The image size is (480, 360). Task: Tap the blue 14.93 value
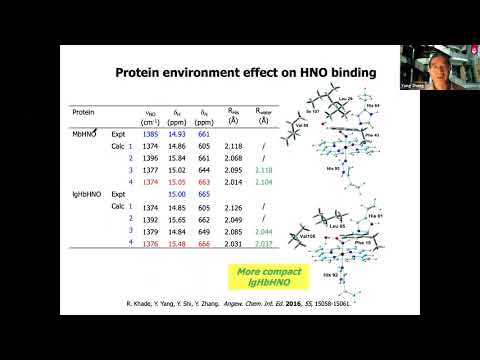pyautogui.click(x=180, y=133)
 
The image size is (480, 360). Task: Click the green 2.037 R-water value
pyautogui.click(x=263, y=242)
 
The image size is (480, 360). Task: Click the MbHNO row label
pyautogui.click(x=85, y=133)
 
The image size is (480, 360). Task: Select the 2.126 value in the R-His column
pyautogui.click(x=233, y=206)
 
